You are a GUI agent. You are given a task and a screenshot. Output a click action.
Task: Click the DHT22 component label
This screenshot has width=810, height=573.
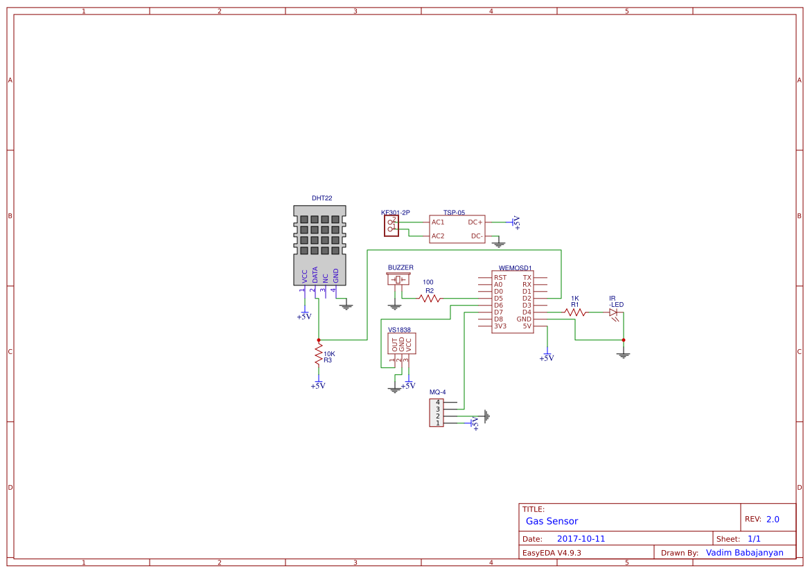click(x=322, y=198)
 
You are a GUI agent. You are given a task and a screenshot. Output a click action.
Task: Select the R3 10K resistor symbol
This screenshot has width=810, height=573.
click(x=319, y=357)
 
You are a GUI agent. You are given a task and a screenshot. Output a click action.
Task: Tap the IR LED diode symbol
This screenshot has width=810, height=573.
click(x=613, y=312)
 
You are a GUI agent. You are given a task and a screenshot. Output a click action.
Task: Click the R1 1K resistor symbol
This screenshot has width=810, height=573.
click(x=574, y=312)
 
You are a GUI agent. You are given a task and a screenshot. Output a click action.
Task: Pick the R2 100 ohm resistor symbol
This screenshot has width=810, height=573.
click(x=430, y=299)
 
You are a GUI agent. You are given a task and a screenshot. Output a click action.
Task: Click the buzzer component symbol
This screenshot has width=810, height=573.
click(x=398, y=279)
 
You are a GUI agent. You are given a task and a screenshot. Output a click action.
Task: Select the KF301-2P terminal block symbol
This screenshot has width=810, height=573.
click(x=391, y=225)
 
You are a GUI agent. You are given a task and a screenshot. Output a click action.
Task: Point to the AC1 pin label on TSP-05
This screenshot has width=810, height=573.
click(x=438, y=222)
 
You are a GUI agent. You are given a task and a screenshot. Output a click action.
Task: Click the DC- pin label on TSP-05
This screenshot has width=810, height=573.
click(x=477, y=236)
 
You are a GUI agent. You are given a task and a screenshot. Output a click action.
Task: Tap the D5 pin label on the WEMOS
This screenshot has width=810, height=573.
click(x=498, y=299)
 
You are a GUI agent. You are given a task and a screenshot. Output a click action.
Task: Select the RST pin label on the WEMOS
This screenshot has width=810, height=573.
click(x=500, y=278)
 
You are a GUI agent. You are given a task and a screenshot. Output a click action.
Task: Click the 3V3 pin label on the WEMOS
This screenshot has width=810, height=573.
click(x=500, y=326)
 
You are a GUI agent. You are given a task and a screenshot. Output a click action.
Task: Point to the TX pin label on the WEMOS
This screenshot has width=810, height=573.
click(x=527, y=278)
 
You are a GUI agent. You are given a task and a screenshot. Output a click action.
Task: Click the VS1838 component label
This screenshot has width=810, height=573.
click(x=399, y=330)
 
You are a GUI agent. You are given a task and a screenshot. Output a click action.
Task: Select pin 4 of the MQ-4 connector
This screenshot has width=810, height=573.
click(x=437, y=403)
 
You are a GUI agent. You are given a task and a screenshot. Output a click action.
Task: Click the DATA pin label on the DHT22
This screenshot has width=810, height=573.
click(x=315, y=275)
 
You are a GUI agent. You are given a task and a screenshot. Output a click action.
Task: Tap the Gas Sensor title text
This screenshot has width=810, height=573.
click(x=552, y=521)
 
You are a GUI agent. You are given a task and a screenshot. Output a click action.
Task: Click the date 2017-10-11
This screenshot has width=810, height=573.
click(x=581, y=538)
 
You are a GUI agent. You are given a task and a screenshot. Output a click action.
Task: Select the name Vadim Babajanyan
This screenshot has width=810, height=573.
click(x=744, y=553)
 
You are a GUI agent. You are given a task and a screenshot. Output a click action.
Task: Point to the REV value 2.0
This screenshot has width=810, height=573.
click(x=773, y=519)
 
